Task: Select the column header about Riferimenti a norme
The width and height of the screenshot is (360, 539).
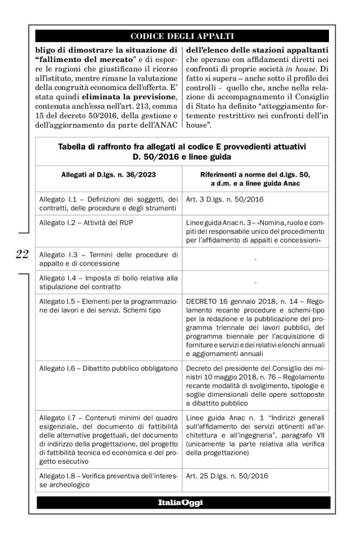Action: click(256, 179)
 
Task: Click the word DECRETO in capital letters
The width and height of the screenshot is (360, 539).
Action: click(202, 301)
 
